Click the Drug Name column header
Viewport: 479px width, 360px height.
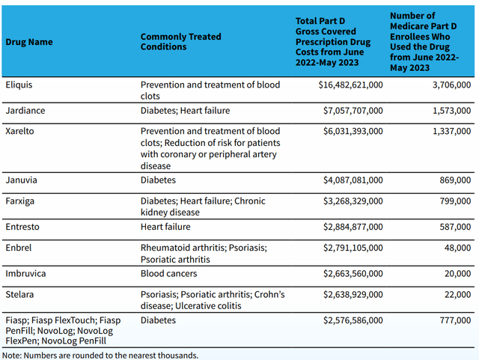click(x=29, y=42)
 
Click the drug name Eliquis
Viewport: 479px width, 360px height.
click(x=19, y=85)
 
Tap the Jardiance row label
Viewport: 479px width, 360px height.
click(x=25, y=111)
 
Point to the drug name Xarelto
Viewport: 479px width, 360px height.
click(x=21, y=130)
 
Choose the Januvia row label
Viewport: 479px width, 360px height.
click(x=22, y=180)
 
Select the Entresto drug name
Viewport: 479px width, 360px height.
click(x=23, y=226)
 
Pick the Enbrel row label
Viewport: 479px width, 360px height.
click(x=19, y=247)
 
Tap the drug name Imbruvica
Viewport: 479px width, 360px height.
click(x=25, y=274)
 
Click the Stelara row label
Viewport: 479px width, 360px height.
click(x=20, y=295)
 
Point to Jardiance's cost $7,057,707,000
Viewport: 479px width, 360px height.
click(x=345, y=111)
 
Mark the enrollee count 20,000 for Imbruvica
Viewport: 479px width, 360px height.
click(x=455, y=274)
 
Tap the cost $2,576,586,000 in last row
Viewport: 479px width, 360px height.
click(x=345, y=320)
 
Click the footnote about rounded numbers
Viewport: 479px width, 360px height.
click(x=100, y=355)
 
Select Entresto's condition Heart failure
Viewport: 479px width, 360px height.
click(x=165, y=226)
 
